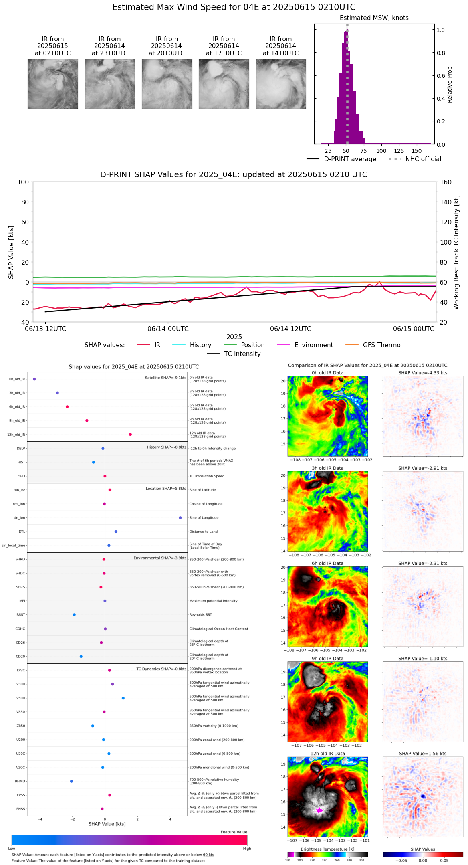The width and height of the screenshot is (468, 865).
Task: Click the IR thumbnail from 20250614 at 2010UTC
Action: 167,84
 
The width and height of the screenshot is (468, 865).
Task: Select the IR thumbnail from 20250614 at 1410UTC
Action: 281,84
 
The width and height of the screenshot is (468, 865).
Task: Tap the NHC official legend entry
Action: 423,159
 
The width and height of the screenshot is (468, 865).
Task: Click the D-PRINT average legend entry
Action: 350,159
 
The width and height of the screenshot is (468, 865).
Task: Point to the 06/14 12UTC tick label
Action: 290,329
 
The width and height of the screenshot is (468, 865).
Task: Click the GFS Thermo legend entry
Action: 381,345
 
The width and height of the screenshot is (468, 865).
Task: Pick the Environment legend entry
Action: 313,345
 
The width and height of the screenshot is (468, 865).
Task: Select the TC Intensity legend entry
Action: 242,354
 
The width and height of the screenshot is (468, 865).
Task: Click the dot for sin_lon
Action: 180,518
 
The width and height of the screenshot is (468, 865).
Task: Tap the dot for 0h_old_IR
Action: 34,379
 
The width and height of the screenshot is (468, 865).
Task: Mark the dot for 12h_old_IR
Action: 130,435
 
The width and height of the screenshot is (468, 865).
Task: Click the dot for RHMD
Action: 71,781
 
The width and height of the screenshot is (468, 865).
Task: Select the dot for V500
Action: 123,698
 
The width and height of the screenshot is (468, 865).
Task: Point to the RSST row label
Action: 21,615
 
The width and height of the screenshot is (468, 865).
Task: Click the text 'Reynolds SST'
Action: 201,615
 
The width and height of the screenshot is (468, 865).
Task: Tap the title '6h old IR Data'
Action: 327,563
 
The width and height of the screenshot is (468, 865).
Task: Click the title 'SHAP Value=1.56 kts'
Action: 423,754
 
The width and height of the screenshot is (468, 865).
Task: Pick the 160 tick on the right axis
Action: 446,182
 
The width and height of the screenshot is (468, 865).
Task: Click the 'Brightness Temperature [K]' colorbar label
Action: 327,849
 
